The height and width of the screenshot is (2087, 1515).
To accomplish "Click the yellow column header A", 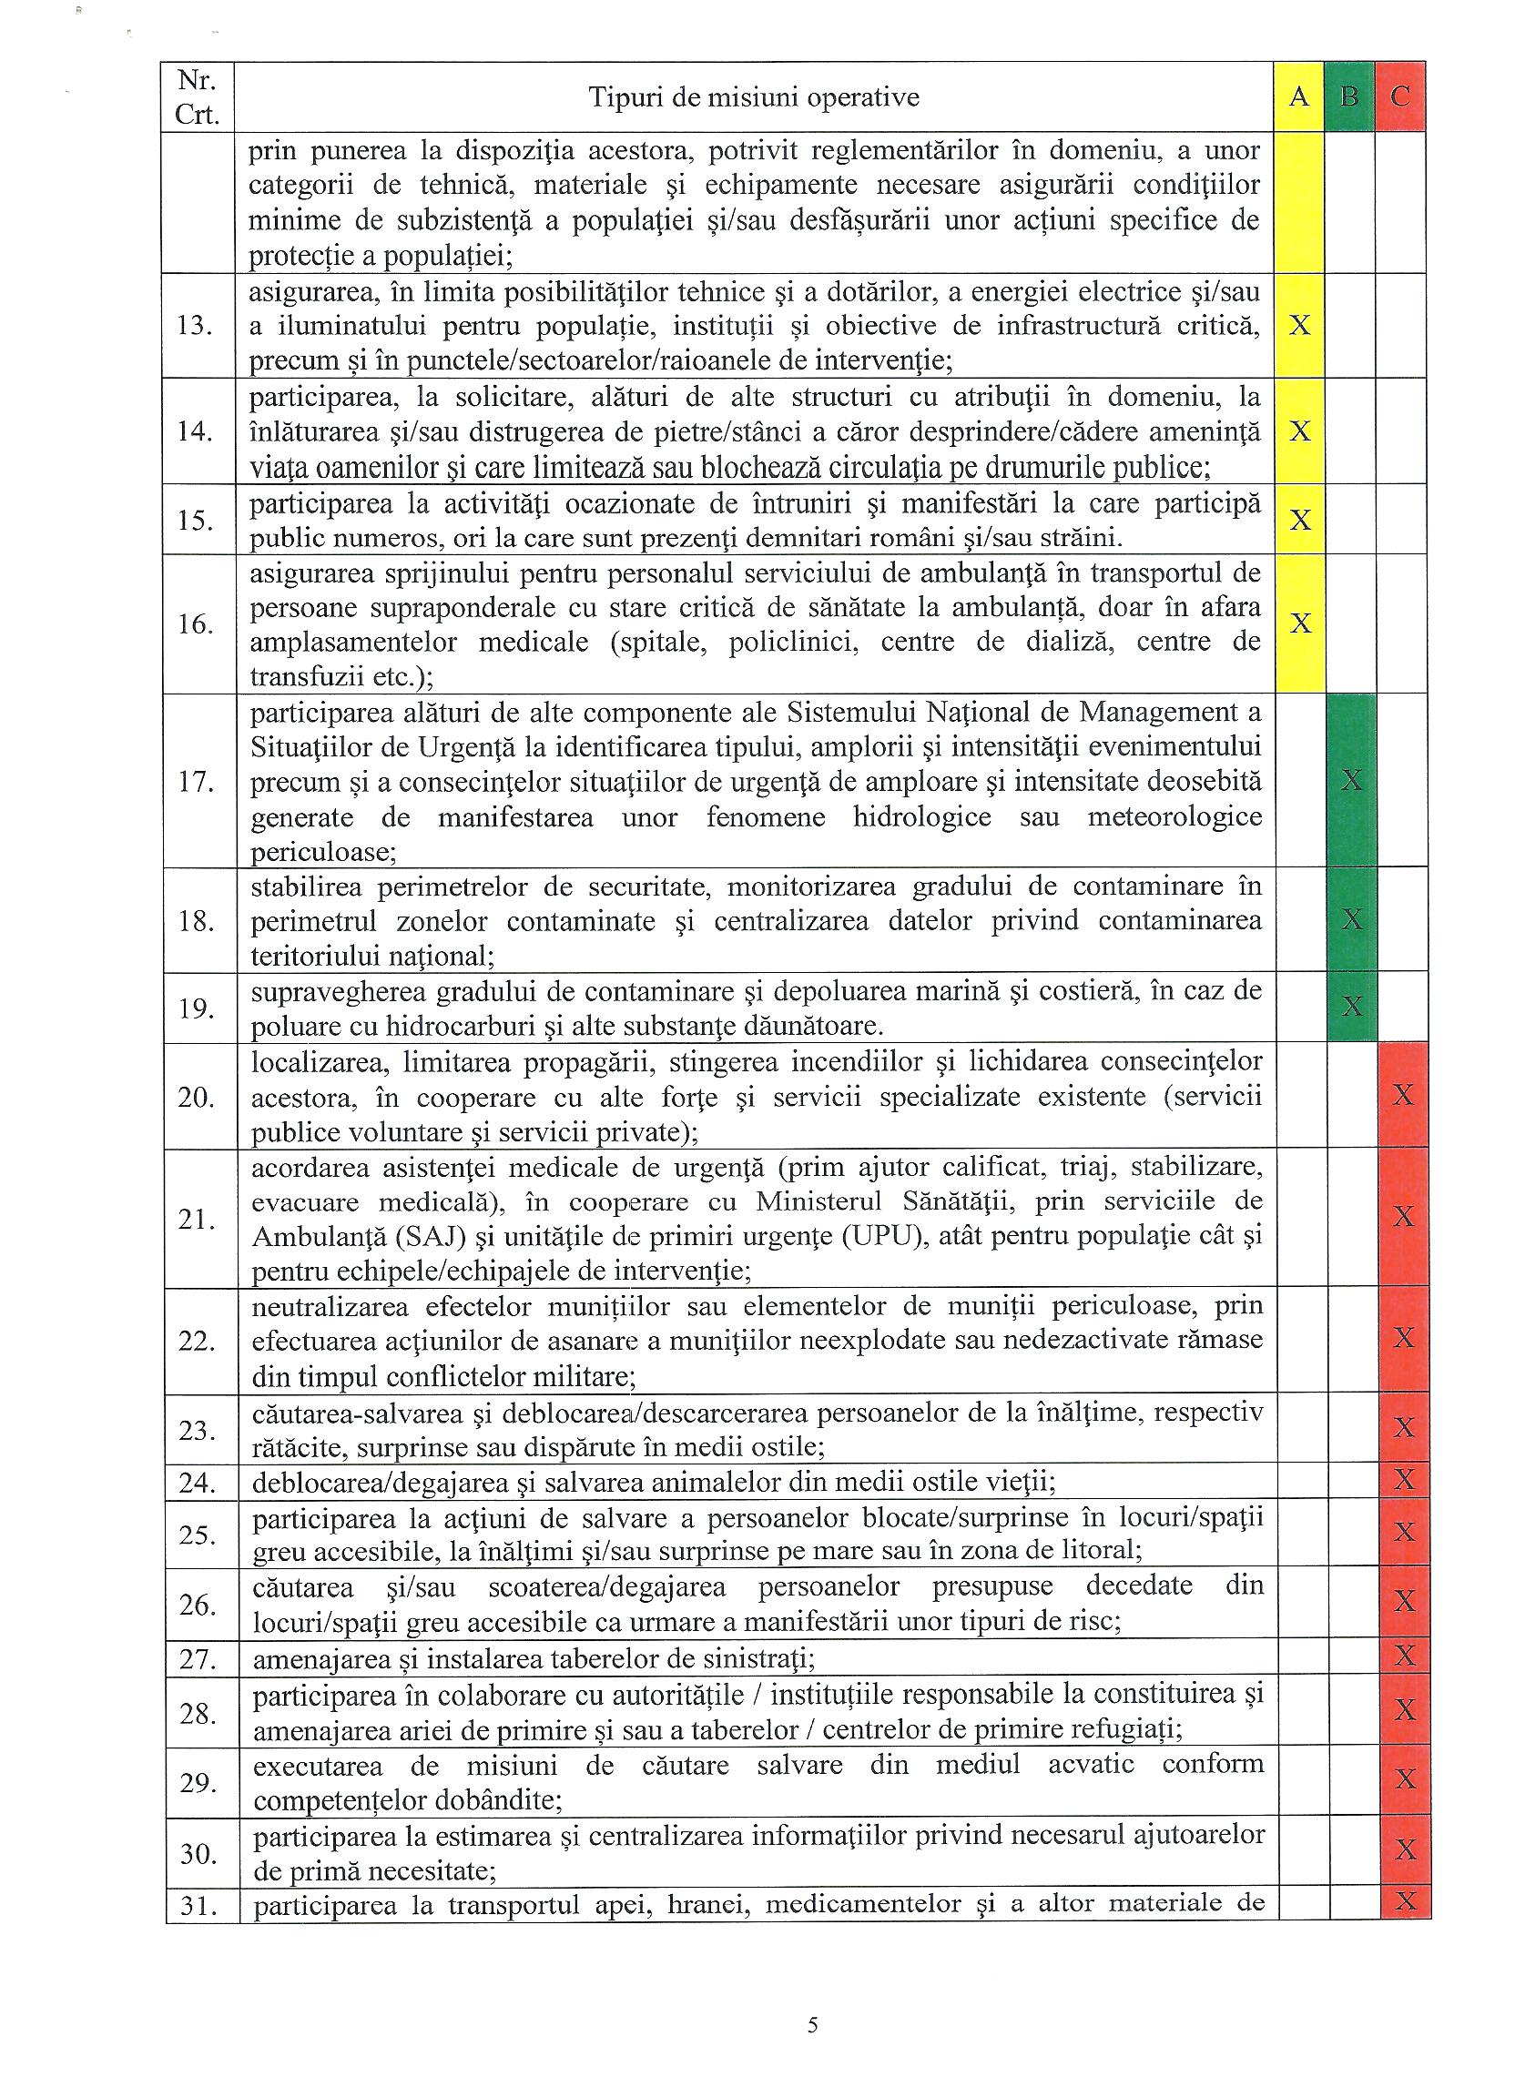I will coord(1298,96).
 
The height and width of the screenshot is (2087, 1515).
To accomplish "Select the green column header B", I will coord(1349,96).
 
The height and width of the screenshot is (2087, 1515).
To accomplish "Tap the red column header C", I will coord(1400,96).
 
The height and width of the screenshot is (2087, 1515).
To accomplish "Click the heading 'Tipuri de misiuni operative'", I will coord(754,97).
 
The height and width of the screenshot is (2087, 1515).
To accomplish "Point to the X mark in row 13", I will coord(1298,325).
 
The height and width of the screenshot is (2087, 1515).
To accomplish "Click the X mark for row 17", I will coord(1351,781).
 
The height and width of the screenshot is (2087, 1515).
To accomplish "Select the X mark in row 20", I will coord(1403,1095).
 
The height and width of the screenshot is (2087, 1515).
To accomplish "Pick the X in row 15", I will coord(1298,520).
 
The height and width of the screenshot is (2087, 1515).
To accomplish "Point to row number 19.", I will coord(196,1008).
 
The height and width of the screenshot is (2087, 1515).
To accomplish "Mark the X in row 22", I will coord(1403,1338).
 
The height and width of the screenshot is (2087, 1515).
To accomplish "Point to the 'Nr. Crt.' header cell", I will coord(197,97).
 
